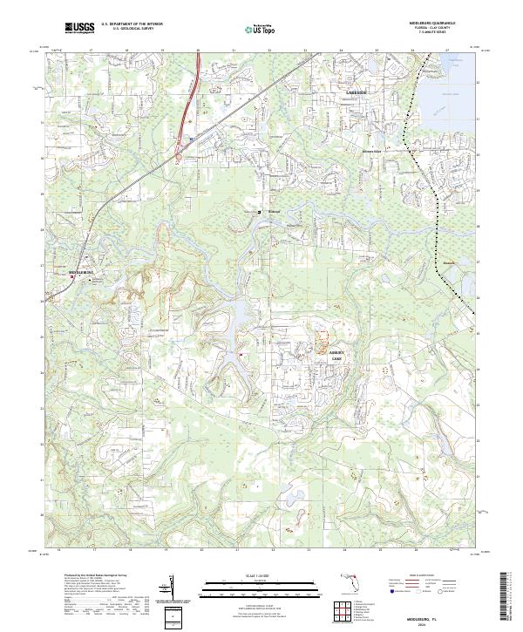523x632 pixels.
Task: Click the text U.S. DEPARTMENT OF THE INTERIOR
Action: point(132,24)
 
